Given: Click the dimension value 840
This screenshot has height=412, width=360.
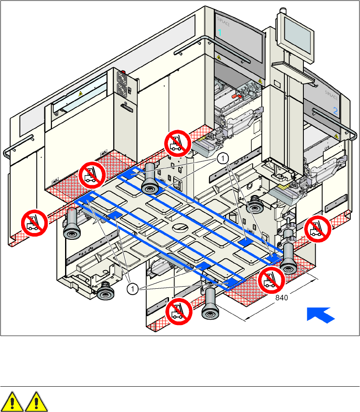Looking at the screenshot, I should (282, 298).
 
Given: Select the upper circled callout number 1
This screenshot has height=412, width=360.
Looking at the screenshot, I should (221, 158).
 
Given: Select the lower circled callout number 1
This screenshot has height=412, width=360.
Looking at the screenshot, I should (133, 289).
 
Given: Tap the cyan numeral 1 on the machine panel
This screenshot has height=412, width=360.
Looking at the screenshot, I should (219, 33).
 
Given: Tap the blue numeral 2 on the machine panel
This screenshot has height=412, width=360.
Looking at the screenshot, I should (335, 111).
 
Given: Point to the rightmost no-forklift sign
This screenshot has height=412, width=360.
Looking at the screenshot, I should (316, 230).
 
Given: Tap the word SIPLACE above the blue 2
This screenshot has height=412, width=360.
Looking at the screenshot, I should (332, 93).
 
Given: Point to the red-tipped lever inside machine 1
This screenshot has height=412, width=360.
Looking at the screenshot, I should (236, 97).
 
